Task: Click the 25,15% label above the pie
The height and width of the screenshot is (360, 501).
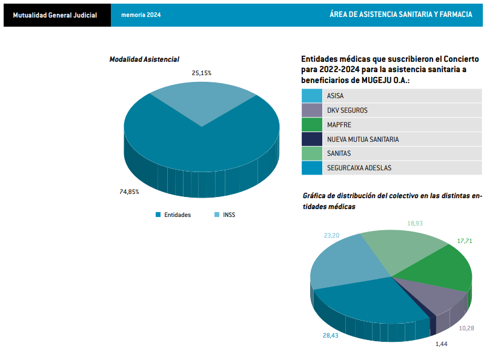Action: coord(202,73)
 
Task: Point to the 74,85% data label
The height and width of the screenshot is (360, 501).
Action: coord(130,192)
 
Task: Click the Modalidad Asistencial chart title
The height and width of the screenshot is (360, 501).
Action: coord(144,59)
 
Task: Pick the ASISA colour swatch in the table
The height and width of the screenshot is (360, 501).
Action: coord(311,96)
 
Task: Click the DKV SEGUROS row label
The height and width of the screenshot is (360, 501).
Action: coord(347,110)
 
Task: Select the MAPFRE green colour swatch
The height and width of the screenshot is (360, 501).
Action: coord(311,125)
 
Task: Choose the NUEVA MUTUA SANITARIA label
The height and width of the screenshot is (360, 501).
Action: coord(362,139)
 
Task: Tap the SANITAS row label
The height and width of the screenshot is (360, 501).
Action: coord(339,153)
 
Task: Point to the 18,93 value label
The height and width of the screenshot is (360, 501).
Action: coord(415,224)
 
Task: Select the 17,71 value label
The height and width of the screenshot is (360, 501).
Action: coord(465,241)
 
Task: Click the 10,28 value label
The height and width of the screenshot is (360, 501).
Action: coord(467,328)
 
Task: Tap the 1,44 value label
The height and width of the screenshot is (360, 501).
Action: coord(442,344)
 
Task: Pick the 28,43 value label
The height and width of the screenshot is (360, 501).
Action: coord(331,335)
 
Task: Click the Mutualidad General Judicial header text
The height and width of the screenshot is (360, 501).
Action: coord(55,15)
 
